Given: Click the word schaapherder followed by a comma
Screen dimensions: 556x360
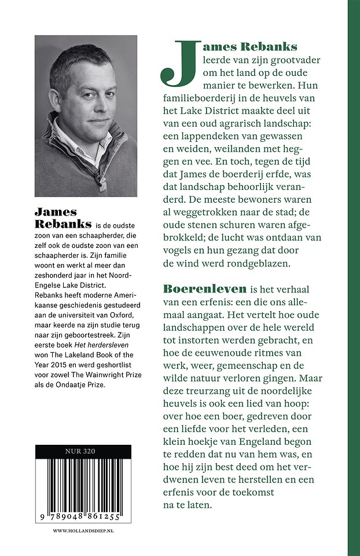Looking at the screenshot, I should [114, 237].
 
